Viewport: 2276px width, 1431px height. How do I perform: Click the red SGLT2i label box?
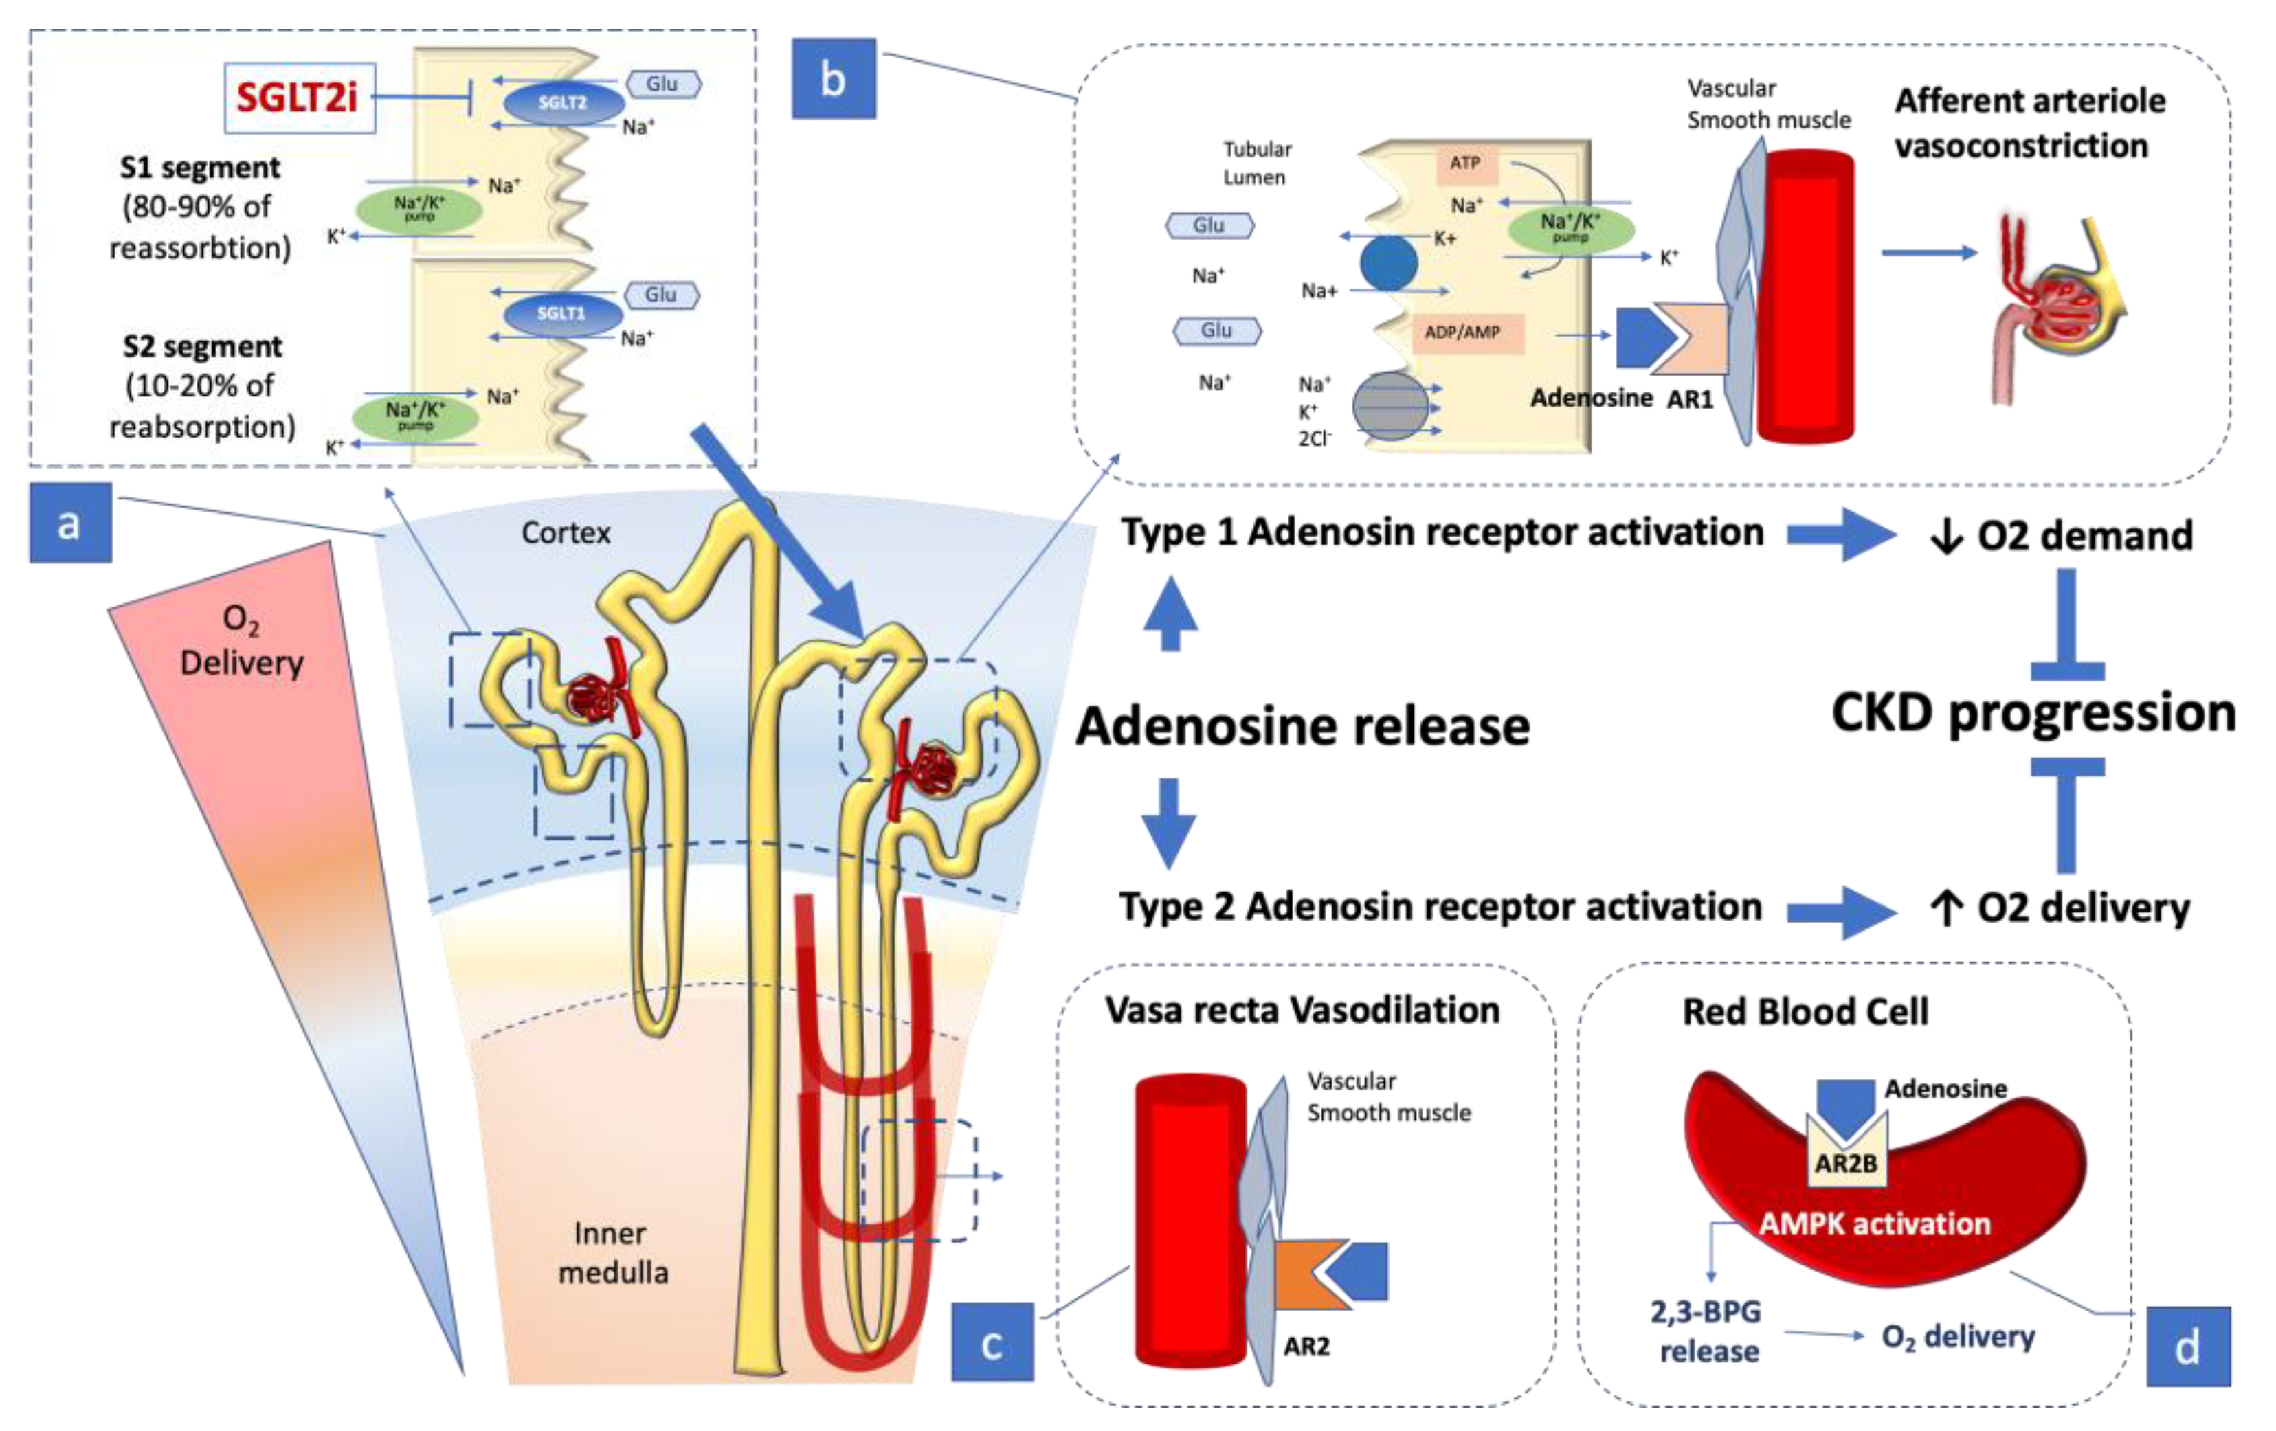(299, 98)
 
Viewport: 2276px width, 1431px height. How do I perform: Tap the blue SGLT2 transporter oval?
(564, 103)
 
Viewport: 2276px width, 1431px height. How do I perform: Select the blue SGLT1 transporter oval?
(561, 314)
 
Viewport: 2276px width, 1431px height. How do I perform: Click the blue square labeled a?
(70, 523)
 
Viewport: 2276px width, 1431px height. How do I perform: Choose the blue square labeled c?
(992, 1343)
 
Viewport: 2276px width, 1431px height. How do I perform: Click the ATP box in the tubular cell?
(1464, 163)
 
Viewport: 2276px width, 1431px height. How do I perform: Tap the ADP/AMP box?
(1462, 333)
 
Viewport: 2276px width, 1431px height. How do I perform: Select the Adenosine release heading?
(1302, 727)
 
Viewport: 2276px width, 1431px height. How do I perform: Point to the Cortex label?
(565, 533)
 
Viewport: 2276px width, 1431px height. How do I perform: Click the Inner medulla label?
(612, 1252)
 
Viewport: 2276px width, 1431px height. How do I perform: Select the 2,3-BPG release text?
(1707, 1331)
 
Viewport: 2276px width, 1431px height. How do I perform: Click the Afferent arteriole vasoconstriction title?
(2029, 123)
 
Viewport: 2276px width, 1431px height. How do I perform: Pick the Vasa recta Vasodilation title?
(1302, 1011)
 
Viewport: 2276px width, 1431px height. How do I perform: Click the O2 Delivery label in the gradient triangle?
(241, 641)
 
